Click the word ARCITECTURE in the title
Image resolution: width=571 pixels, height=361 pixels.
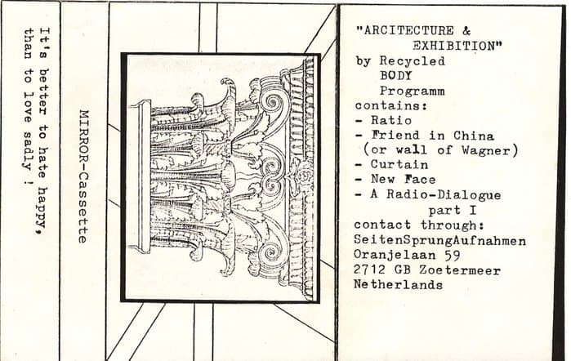[409, 30]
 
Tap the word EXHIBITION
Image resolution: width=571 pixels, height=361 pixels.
[454, 46]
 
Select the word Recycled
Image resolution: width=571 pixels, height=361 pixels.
[413, 60]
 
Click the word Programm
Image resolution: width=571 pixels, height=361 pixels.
[413, 91]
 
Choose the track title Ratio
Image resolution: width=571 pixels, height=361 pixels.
[391, 121]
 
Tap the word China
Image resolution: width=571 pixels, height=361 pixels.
[474, 136]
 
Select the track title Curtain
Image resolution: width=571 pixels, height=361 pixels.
[399, 165]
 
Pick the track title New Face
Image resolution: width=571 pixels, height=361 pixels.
[403, 179]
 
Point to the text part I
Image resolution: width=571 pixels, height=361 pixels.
[453, 211]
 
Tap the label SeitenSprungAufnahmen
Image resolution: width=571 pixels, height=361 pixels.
[440, 241]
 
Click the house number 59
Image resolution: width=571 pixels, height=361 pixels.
[452, 255]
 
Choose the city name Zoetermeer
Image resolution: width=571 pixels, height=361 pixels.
[460, 270]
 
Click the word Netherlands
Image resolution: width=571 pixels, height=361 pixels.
[399, 284]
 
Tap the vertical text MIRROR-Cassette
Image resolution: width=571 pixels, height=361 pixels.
[83, 176]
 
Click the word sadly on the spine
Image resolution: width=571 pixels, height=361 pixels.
[27, 150]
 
